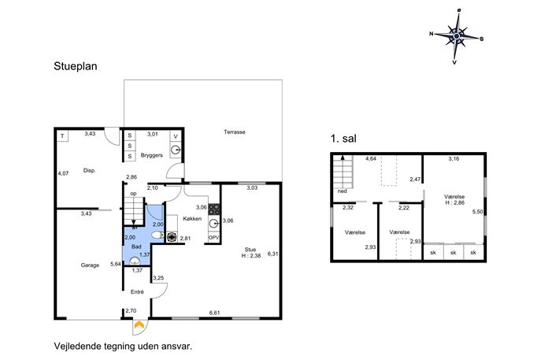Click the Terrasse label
[x=234, y=132]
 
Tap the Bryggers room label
[x=151, y=155]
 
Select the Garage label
[x=90, y=265]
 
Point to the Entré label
[x=137, y=292]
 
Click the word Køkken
[x=192, y=218]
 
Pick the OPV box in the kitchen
[x=214, y=237]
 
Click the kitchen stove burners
[x=214, y=209]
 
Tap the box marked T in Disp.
[x=62, y=136]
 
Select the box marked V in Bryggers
[x=176, y=136]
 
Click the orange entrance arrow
[x=139, y=324]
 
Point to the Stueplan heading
[x=76, y=66]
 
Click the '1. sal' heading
[x=343, y=139]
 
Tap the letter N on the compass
[x=432, y=34]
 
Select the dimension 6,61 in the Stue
[x=215, y=313]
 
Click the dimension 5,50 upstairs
[x=477, y=212]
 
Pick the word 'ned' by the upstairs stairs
[x=342, y=191]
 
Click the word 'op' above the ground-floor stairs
[x=133, y=194]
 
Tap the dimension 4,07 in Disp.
[x=63, y=173]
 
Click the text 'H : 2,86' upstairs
[x=454, y=202]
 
